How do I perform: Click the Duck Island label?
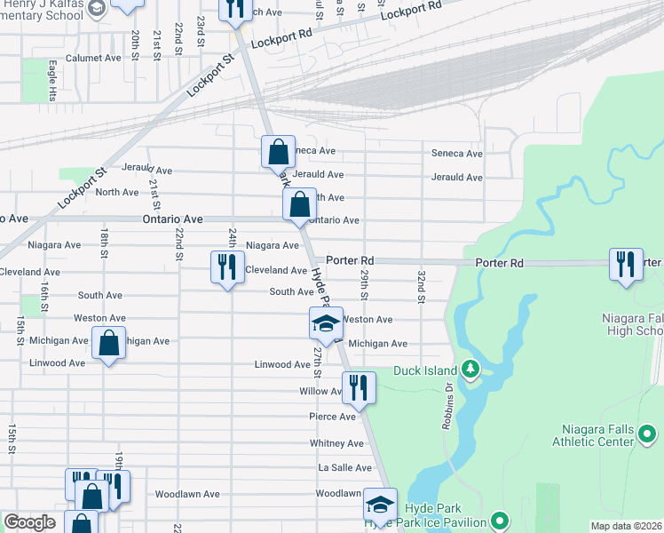432,370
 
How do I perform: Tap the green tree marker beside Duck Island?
473,369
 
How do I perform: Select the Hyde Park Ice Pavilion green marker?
500,521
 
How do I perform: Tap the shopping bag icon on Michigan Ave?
108,345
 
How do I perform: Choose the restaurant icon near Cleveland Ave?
226,266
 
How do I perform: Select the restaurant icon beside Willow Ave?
359,387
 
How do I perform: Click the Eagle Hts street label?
53,81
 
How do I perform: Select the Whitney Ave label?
336,443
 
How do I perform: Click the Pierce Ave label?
333,417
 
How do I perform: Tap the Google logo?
30,522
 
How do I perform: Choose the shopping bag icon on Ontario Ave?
300,204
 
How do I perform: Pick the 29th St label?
363,287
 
